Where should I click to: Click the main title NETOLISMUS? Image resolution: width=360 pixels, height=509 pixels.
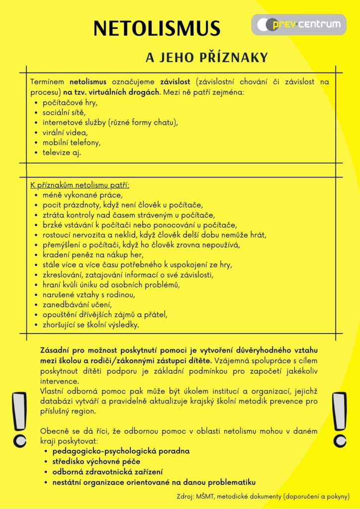pos(157,28)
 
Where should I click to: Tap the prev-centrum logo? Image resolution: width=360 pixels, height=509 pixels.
pos(298,24)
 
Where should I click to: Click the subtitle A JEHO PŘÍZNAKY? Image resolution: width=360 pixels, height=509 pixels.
pos(206,58)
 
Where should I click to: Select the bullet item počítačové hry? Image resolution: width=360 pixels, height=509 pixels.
pos(70,102)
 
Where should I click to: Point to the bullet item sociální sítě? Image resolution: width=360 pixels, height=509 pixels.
pos(64,112)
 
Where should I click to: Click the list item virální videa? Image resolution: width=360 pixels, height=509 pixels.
pos(65,132)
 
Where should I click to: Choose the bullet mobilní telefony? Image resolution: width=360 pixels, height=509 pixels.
pos(72,142)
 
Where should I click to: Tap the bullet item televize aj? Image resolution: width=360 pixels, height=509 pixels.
pos(62,152)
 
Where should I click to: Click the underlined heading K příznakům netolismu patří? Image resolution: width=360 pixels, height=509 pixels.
pos(80,185)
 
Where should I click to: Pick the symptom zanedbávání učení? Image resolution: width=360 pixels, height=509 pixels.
pos(77,304)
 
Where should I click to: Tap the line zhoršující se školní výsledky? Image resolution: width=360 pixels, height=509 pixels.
pos(91,325)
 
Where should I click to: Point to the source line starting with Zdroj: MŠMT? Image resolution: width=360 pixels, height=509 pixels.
pos(263,496)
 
